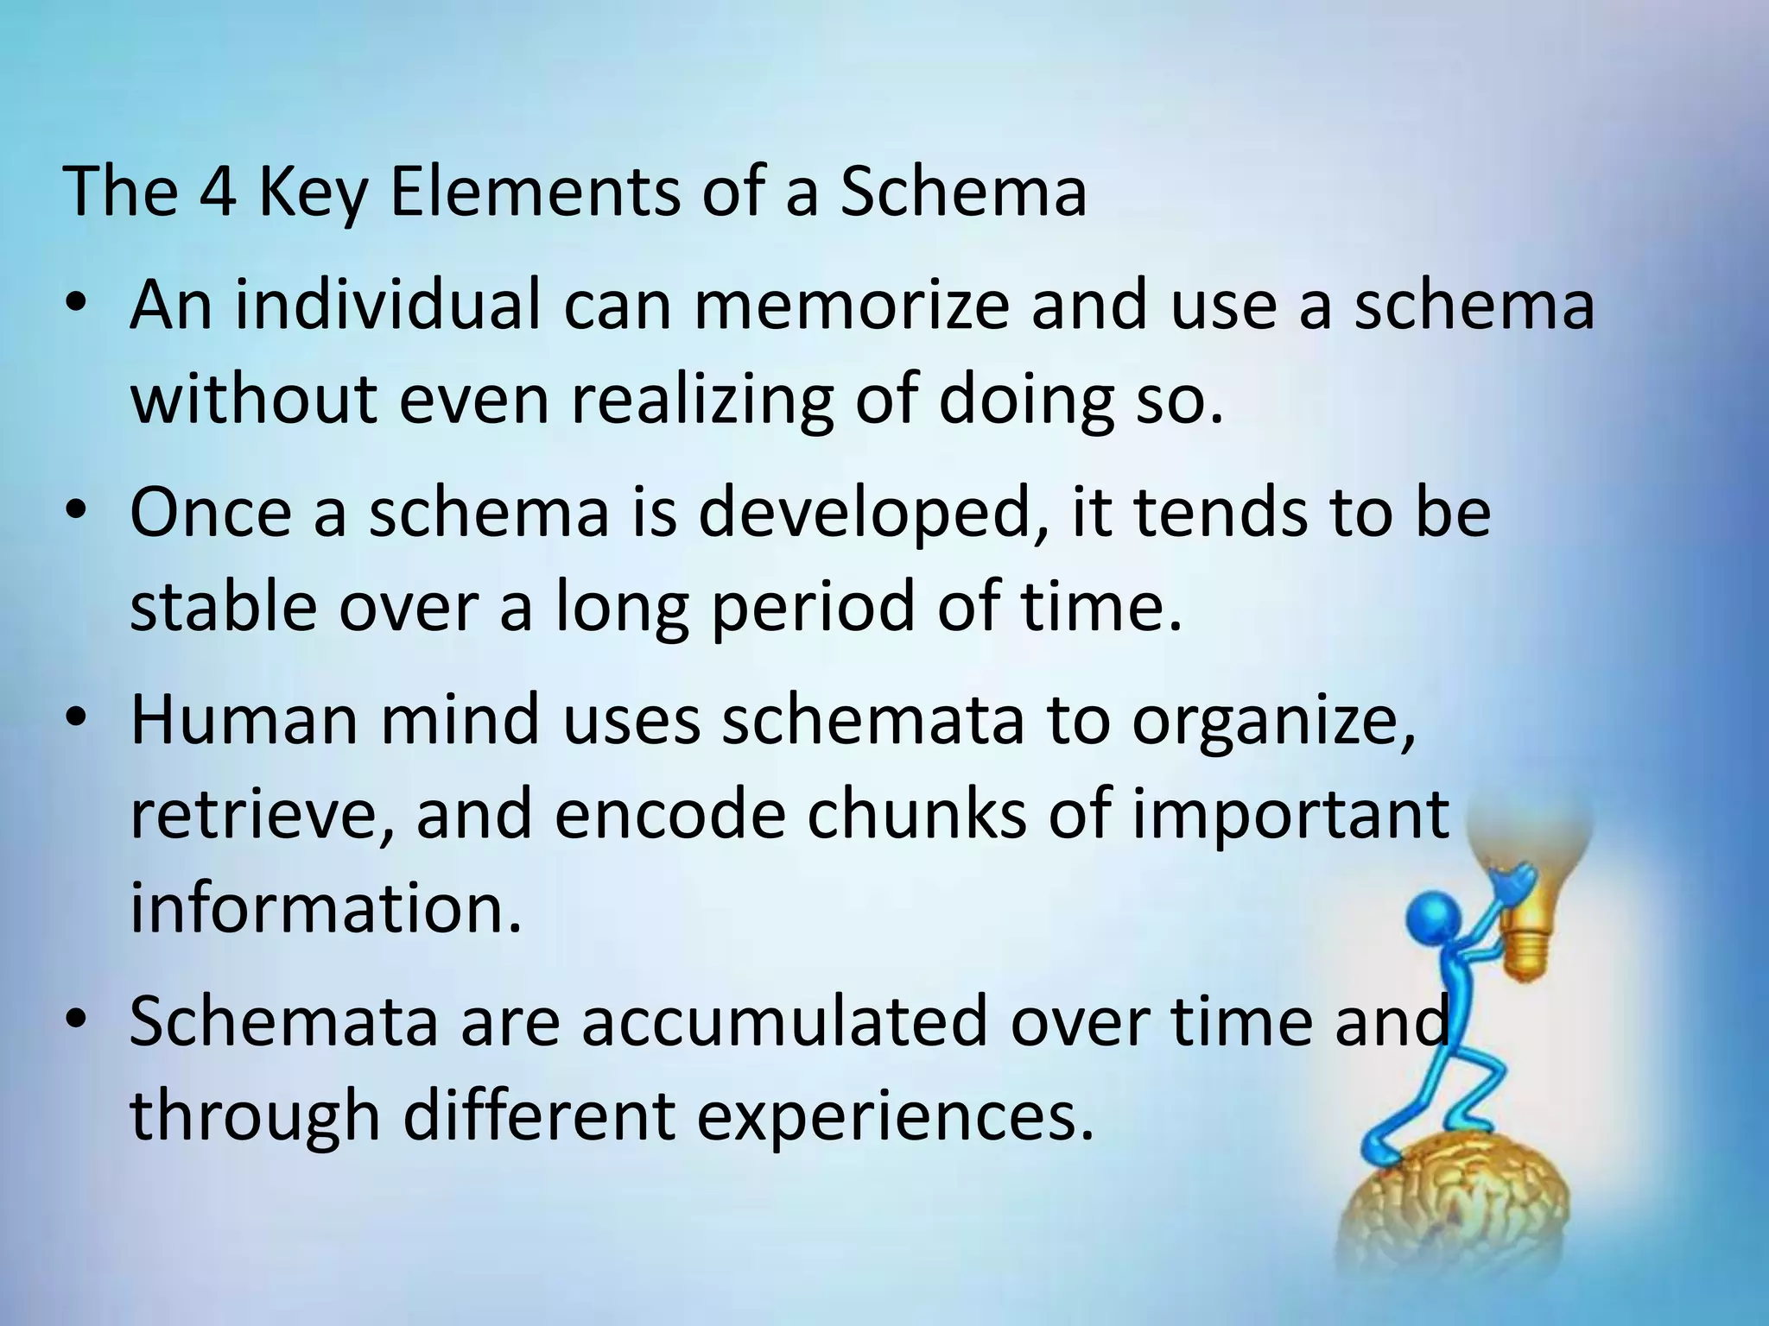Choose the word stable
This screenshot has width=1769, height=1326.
tap(223, 606)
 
